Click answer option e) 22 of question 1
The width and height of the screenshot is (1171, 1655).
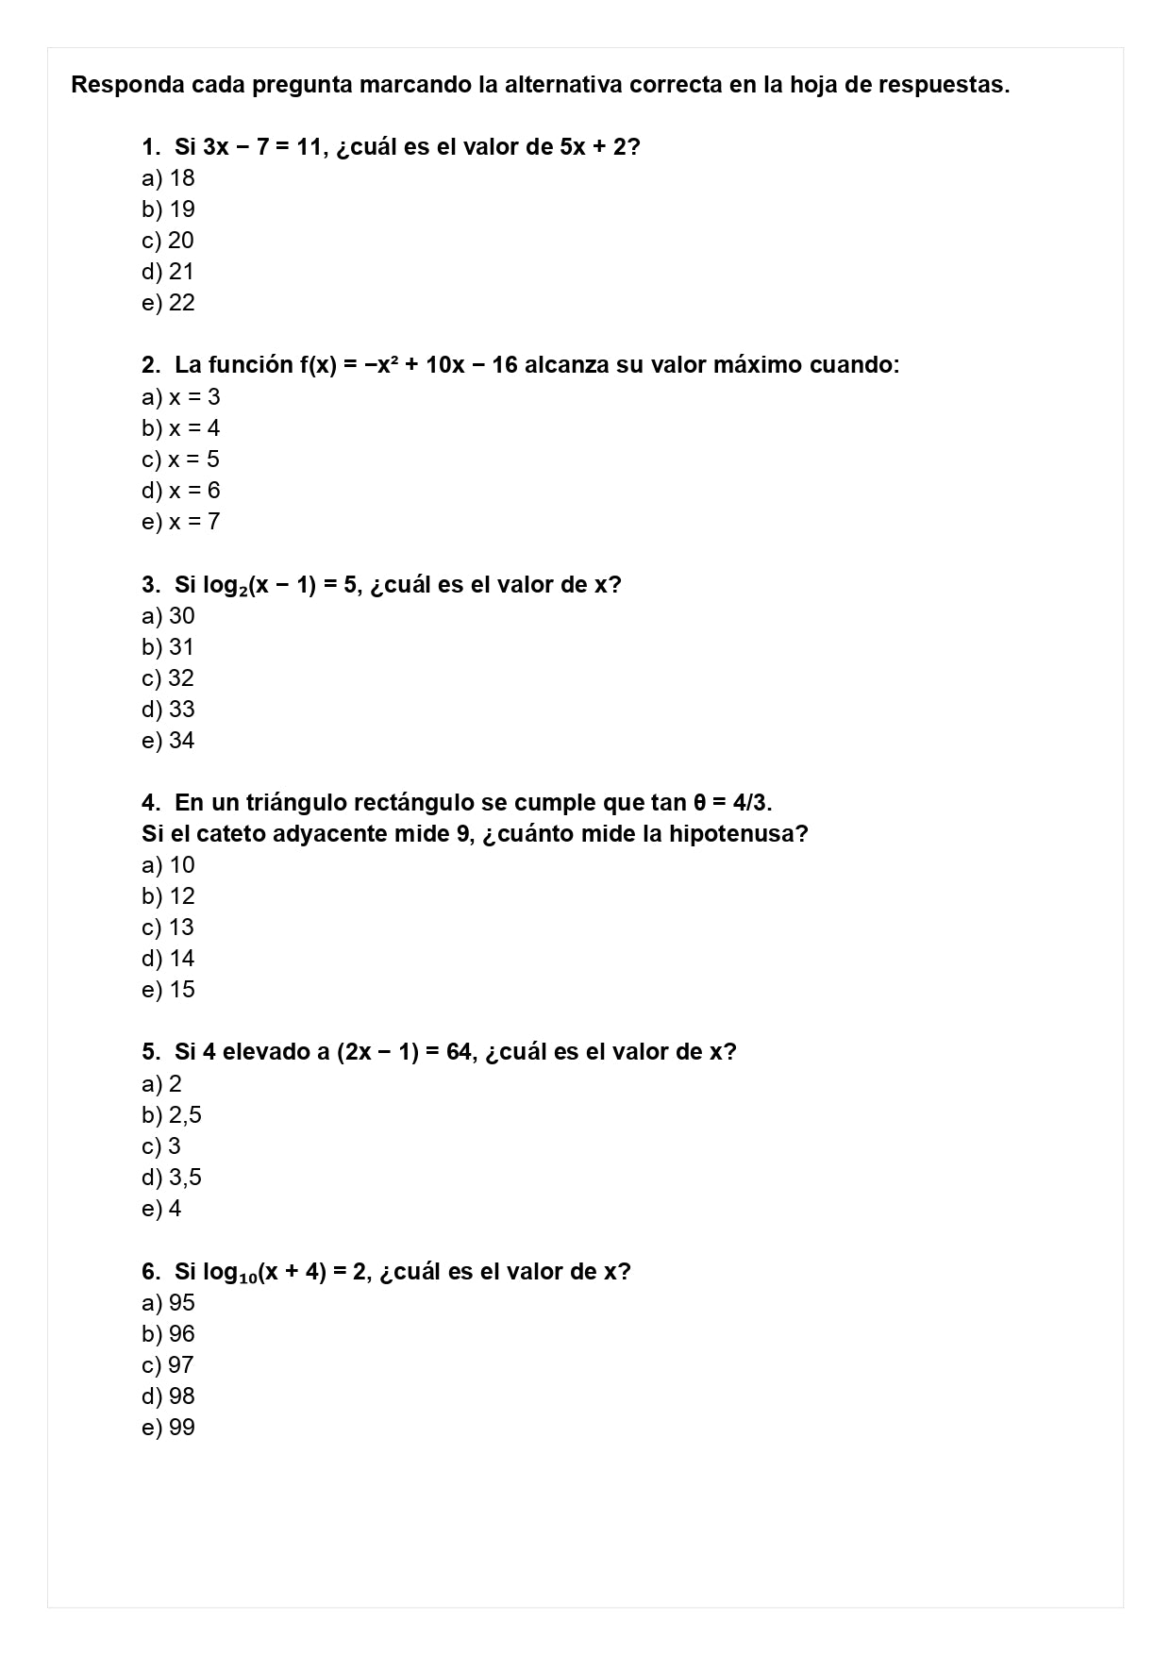pyautogui.click(x=168, y=303)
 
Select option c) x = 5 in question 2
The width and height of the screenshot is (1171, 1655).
pyautogui.click(x=180, y=460)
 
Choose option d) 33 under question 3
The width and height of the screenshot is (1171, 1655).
pyautogui.click(x=168, y=710)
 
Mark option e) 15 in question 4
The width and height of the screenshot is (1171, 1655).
pyautogui.click(x=168, y=990)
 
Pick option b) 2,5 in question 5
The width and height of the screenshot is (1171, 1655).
pyautogui.click(x=172, y=1115)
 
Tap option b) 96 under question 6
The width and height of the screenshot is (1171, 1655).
pyautogui.click(x=168, y=1334)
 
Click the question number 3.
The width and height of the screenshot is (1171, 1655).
pyautogui.click(x=151, y=585)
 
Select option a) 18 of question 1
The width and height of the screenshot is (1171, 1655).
pyautogui.click(x=168, y=178)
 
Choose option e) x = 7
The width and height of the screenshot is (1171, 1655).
pyautogui.click(x=180, y=522)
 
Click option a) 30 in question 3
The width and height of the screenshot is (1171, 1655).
pyautogui.click(x=168, y=616)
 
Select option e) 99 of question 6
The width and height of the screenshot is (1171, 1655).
pyautogui.click(x=168, y=1428)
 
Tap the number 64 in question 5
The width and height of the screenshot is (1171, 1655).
pyautogui.click(x=459, y=1052)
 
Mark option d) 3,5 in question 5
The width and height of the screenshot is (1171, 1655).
pyautogui.click(x=172, y=1178)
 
